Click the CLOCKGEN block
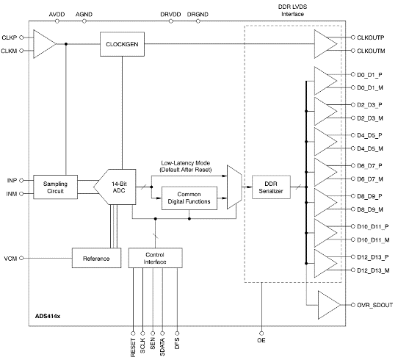pyautogui.click(x=121, y=45)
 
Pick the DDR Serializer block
pyautogui.click(x=271, y=186)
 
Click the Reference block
pyautogui.click(x=95, y=259)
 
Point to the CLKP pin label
pyautogui.click(x=10, y=37)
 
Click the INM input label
pyautogui.click(x=12, y=194)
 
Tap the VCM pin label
pyautogui.click(x=10, y=259)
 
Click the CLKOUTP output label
pyautogui.click(x=372, y=37)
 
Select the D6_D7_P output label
pyautogui.click(x=370, y=166)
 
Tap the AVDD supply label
pyautogui.click(x=57, y=14)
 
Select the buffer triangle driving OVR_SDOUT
pyautogui.click(x=327, y=303)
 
